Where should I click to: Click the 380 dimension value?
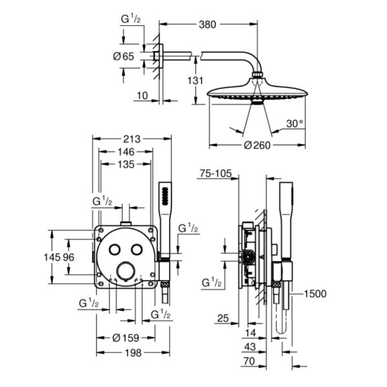(207, 25)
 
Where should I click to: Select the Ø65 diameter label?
(123, 57)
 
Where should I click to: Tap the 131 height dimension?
(195, 81)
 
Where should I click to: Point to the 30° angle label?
(295, 124)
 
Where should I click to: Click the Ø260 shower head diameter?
(257, 145)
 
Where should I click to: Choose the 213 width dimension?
(132, 139)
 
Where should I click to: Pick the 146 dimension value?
(126, 152)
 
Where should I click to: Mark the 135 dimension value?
(126, 164)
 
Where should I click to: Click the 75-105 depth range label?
(215, 174)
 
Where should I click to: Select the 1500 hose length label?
(315, 293)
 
